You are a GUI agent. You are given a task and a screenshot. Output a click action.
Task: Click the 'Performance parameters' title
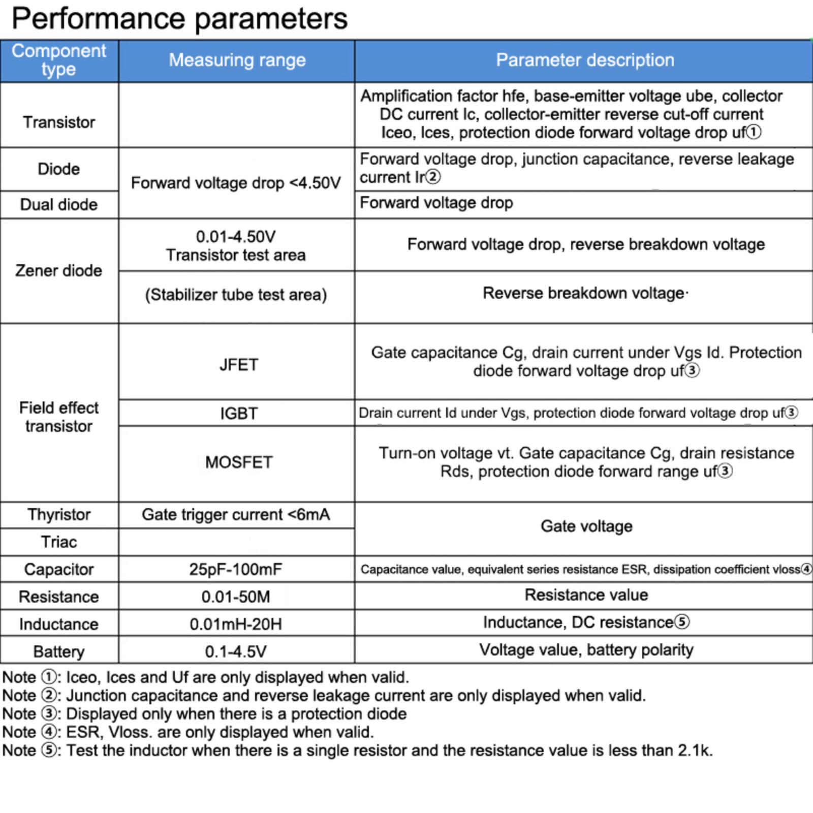click(179, 19)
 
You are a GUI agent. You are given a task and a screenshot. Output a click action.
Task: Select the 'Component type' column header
click(59, 60)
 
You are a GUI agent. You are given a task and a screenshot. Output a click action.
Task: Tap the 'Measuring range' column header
click(237, 60)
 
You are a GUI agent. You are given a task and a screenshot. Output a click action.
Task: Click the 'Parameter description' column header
click(585, 60)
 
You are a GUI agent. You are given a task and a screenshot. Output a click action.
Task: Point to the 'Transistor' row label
click(59, 122)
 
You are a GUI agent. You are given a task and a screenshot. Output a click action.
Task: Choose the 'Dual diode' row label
click(59, 205)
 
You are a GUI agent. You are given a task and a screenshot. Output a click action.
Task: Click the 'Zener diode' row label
click(59, 271)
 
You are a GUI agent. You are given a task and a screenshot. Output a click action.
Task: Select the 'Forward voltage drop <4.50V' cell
click(236, 183)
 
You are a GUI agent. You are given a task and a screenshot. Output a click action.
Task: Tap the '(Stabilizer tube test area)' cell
click(236, 295)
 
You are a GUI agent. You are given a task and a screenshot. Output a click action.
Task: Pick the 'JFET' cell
click(238, 365)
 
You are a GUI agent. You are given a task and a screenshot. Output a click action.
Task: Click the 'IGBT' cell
click(238, 414)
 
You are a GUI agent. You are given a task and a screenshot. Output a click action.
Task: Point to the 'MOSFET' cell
click(238, 462)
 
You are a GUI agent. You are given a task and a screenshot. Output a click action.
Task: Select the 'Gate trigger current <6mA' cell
click(236, 515)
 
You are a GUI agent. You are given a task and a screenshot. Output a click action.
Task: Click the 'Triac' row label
click(59, 542)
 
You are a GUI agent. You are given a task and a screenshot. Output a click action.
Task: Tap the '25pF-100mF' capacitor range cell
click(236, 570)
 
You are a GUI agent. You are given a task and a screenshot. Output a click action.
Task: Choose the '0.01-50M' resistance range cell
click(236, 597)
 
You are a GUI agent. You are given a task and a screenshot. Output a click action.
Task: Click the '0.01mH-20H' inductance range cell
click(236, 624)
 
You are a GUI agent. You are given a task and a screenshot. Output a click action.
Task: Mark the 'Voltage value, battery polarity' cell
click(586, 650)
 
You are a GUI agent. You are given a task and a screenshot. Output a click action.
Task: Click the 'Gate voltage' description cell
click(586, 526)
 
